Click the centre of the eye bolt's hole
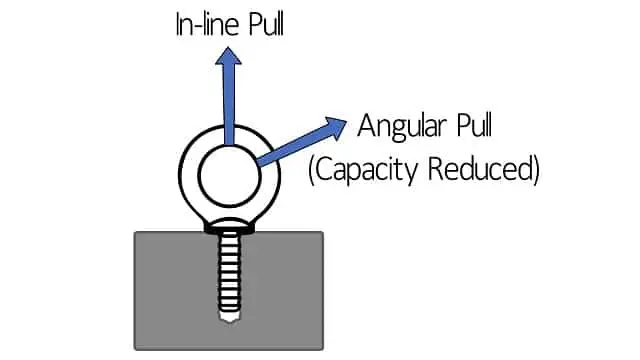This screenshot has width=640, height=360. pyautogui.click(x=229, y=179)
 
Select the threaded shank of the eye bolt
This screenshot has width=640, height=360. pyautogui.click(x=229, y=275)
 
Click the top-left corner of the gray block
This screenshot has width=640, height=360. pyautogui.click(x=135, y=233)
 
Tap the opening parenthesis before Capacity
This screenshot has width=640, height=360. pyautogui.click(x=312, y=168)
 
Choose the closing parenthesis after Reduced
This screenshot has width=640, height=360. pyautogui.click(x=535, y=168)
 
